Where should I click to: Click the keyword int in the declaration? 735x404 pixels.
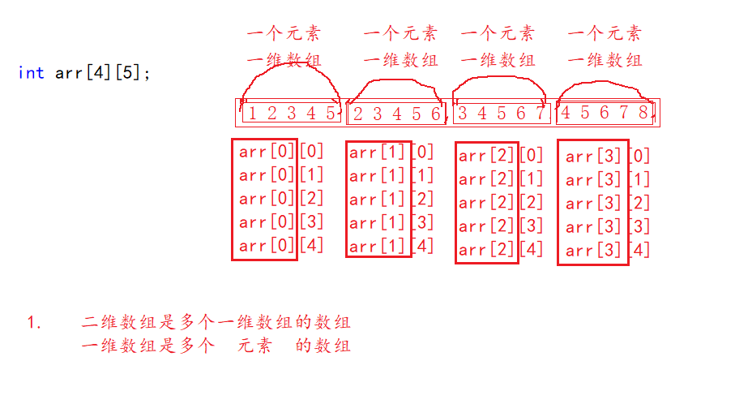tap(31, 73)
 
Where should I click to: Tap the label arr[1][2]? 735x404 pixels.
tap(391, 200)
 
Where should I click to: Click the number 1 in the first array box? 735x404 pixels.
tap(252, 114)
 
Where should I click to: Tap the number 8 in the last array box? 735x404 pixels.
tap(643, 114)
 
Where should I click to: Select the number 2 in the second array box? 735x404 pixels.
tap(358, 114)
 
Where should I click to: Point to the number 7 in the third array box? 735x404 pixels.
tap(541, 114)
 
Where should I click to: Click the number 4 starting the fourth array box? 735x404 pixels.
tap(566, 114)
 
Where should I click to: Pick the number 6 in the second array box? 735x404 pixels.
tap(435, 114)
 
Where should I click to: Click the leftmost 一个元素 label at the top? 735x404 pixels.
tap(283, 33)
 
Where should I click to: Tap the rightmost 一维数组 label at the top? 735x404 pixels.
tap(605, 60)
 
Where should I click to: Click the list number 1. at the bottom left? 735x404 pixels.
tap(34, 323)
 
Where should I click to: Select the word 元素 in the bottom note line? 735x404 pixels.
tap(254, 346)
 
